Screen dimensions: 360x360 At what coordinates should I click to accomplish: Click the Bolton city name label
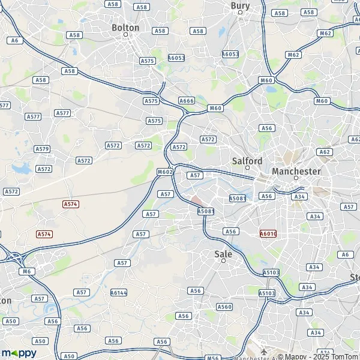point(125,28)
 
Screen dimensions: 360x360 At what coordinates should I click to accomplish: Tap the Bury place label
point(240,5)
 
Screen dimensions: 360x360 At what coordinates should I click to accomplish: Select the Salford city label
point(247,161)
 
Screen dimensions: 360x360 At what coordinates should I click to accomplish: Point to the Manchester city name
point(296,171)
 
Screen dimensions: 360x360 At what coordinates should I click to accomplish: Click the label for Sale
point(223,254)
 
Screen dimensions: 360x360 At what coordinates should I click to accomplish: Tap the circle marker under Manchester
point(296,178)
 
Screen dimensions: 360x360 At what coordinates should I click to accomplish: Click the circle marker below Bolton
point(125,35)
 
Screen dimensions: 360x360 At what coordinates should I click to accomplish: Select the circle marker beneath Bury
point(240,12)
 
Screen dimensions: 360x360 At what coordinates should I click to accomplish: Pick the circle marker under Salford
point(247,168)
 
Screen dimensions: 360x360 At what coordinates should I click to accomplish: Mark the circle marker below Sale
point(223,261)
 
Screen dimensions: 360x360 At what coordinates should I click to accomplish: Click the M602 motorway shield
point(165,172)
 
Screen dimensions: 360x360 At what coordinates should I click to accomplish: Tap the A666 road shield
point(187,101)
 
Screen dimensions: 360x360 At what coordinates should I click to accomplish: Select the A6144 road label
point(119,293)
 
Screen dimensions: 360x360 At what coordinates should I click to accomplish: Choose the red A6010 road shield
point(268,233)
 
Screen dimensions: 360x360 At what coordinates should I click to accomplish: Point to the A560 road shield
point(224,307)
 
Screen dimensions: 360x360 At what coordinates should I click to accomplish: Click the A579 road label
point(42,149)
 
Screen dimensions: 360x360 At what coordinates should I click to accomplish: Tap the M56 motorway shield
point(212,358)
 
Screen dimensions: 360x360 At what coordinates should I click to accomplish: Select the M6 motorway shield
point(27,271)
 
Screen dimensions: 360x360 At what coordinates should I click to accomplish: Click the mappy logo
point(19,353)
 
